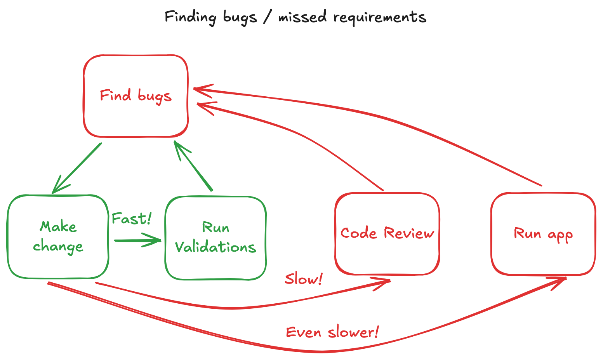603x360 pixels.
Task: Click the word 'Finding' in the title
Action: click(x=190, y=17)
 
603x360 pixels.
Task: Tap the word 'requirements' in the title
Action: click(x=379, y=17)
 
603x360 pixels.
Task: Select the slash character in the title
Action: click(x=267, y=17)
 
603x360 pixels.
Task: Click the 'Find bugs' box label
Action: click(x=136, y=96)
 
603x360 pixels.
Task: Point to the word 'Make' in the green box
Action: click(x=58, y=226)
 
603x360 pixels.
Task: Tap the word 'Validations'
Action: click(x=215, y=247)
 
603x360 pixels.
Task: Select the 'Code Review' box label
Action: click(x=387, y=233)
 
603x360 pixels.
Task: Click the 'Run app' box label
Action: click(x=543, y=234)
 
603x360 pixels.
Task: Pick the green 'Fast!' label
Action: click(x=131, y=219)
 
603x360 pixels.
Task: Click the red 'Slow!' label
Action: click(x=304, y=279)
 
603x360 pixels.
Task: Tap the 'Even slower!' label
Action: click(x=332, y=332)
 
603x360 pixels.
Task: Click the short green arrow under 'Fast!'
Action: click(x=138, y=240)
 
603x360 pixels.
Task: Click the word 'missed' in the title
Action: click(x=302, y=17)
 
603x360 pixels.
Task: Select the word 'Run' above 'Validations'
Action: click(x=215, y=227)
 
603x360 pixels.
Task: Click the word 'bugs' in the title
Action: click(x=240, y=18)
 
